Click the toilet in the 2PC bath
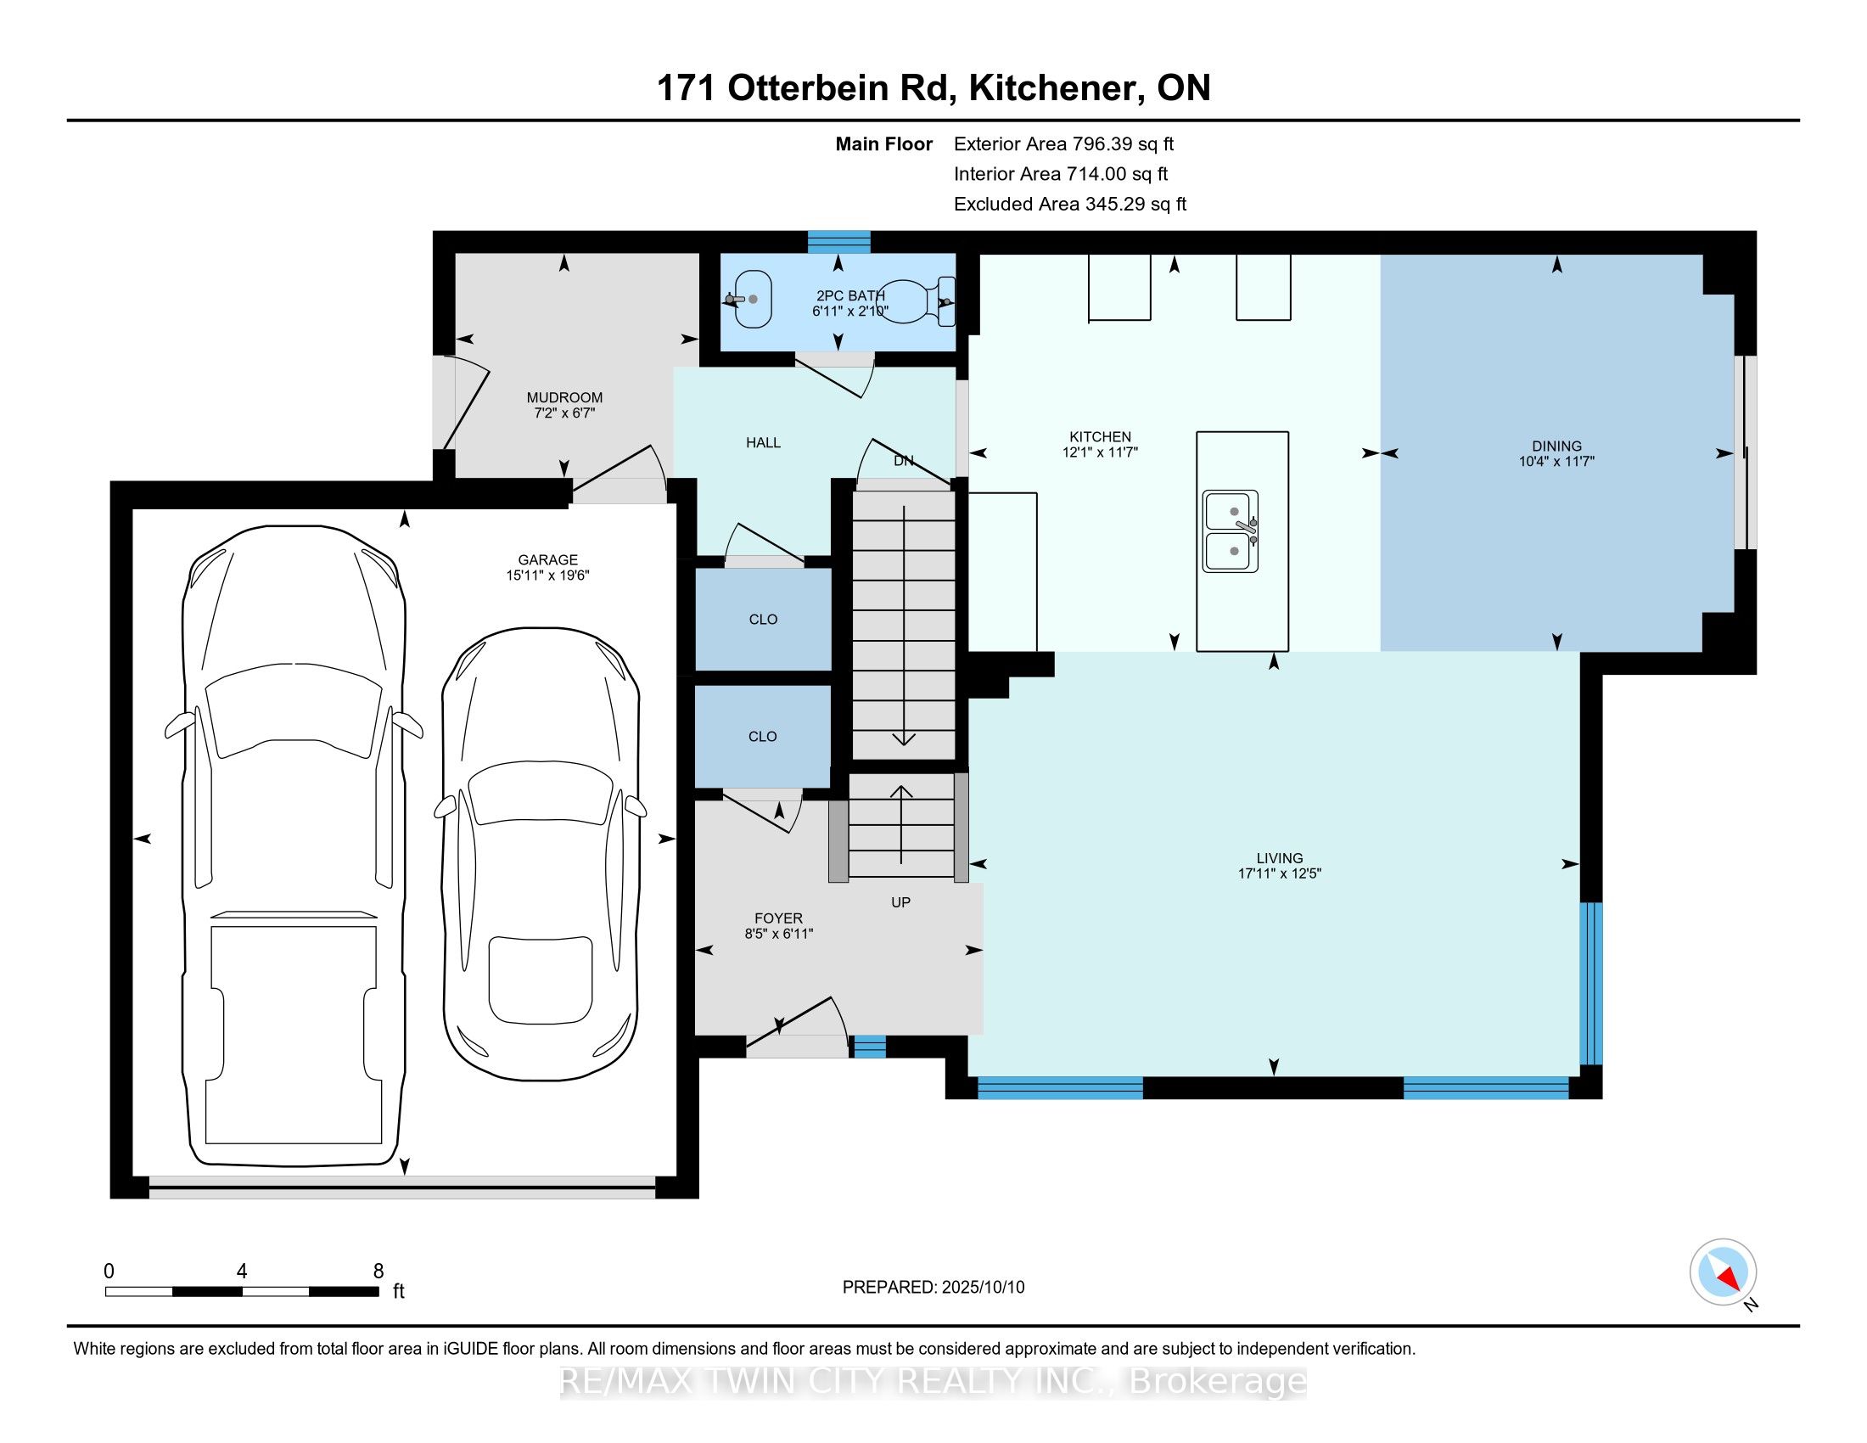point(918,302)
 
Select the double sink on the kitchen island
point(1231,531)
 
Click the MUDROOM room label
point(564,397)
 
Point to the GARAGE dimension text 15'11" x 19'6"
point(547,576)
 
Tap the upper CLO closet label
point(763,620)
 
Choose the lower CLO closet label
point(763,737)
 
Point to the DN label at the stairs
point(904,461)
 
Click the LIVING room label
point(1280,858)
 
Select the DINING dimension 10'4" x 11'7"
point(1556,462)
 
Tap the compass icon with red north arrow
point(1724,1272)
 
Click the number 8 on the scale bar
point(378,1272)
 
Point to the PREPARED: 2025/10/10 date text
point(933,1288)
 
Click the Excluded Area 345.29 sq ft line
point(1070,205)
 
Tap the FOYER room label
point(778,919)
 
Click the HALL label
point(763,443)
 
